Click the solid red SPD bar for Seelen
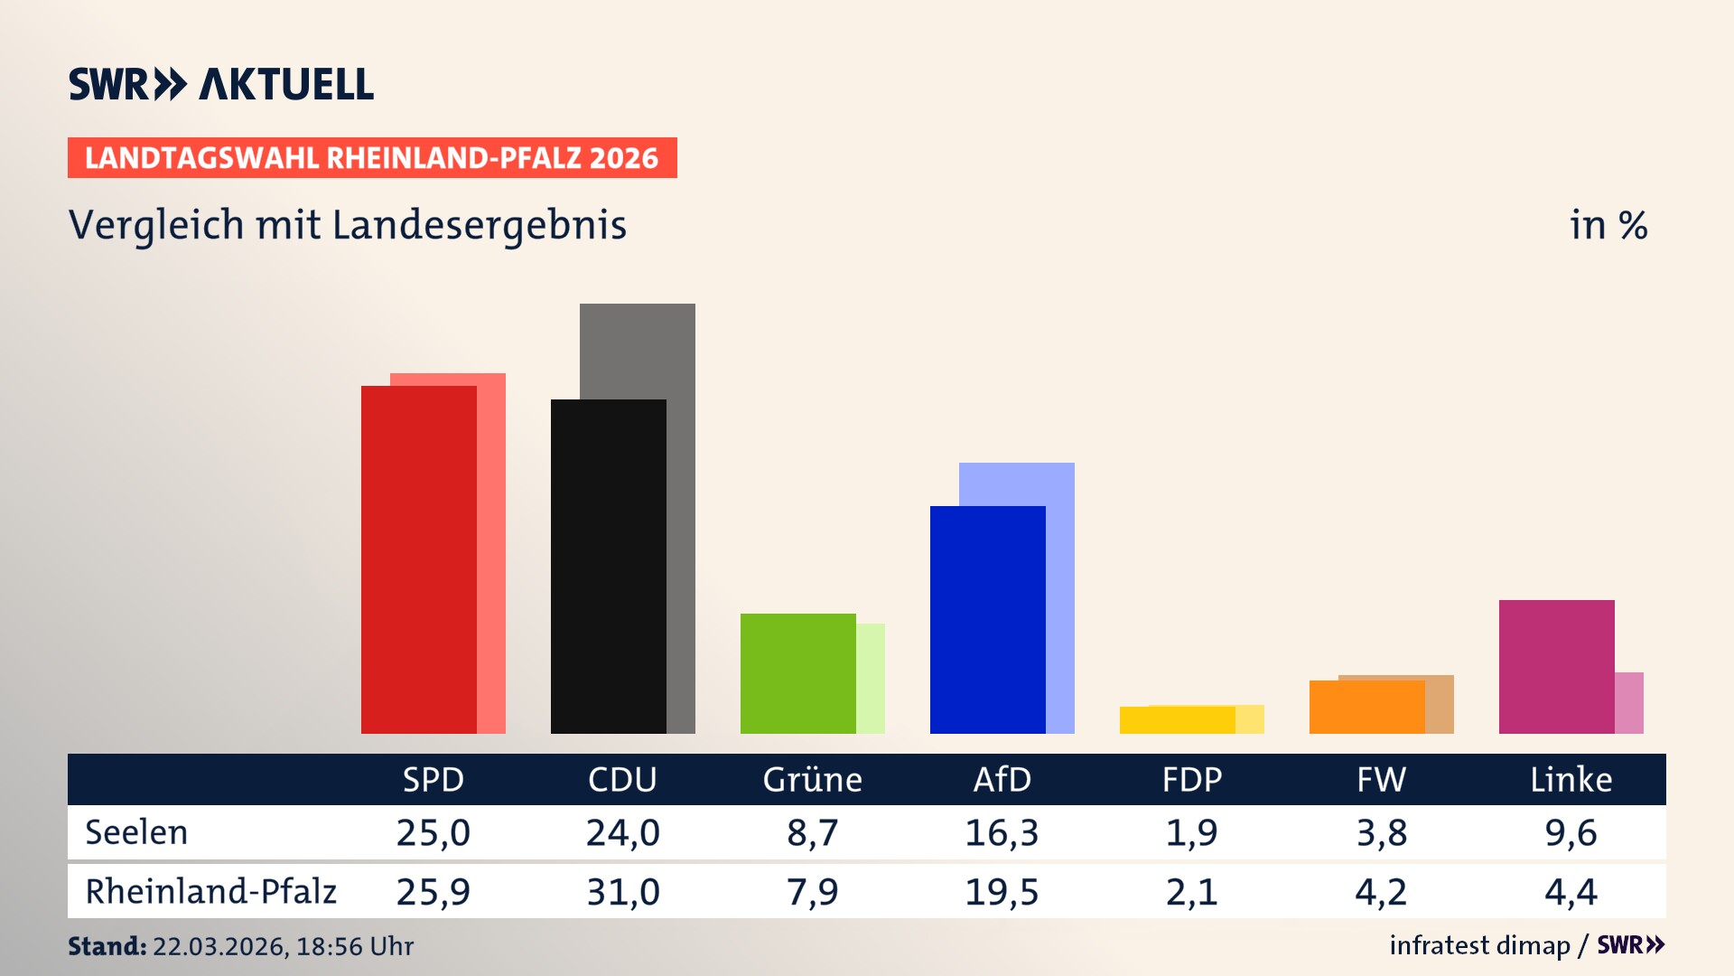pyautogui.click(x=418, y=560)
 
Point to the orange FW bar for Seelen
pyautogui.click(x=1366, y=708)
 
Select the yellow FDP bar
pyautogui.click(x=1177, y=720)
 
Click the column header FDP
pyautogui.click(x=1191, y=780)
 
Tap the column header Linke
pyautogui.click(x=1571, y=780)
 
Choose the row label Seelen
pyautogui.click(x=136, y=832)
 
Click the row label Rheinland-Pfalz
pyautogui.click(x=210, y=892)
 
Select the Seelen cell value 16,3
pyautogui.click(x=1002, y=832)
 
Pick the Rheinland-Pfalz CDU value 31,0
pyautogui.click(x=622, y=892)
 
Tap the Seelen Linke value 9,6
pyautogui.click(x=1571, y=832)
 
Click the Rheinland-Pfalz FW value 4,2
pyautogui.click(x=1381, y=892)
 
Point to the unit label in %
pyautogui.click(x=1608, y=225)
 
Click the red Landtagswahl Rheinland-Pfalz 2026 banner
pyautogui.click(x=372, y=158)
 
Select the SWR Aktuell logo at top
pyautogui.click(x=221, y=84)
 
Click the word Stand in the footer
pyautogui.click(x=107, y=946)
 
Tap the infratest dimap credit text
pyautogui.click(x=1479, y=945)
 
